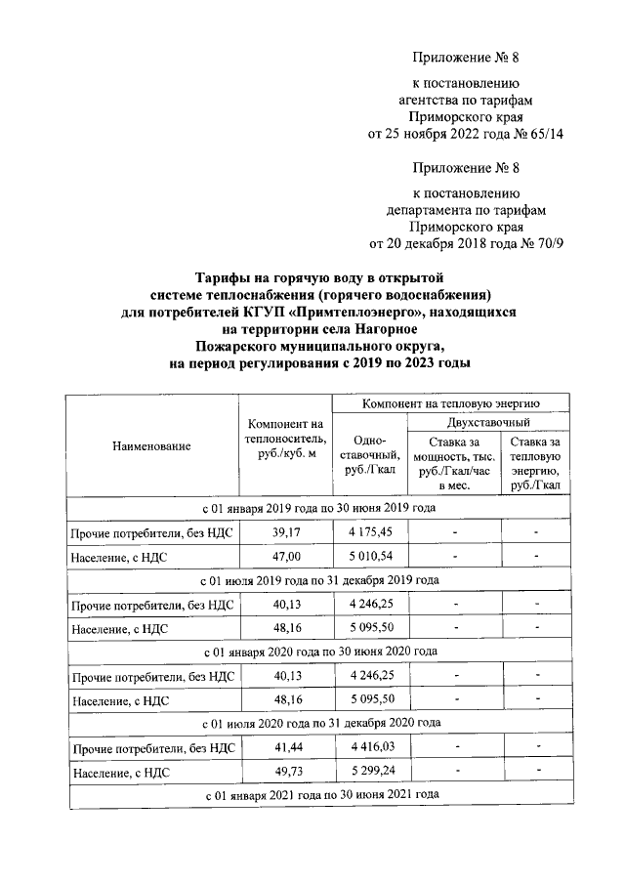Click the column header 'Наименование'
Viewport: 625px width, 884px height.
pos(151,446)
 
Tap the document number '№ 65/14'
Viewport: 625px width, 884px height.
pos(539,134)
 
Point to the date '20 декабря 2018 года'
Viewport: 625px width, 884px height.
pos(448,242)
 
